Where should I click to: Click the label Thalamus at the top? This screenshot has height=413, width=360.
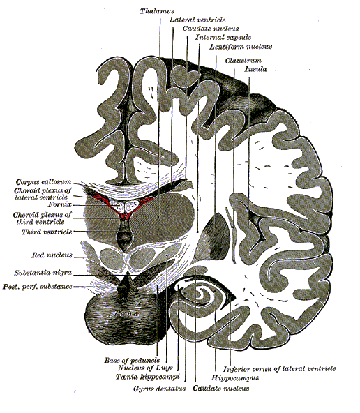(157, 11)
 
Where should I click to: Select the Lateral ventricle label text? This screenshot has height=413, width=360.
(197, 20)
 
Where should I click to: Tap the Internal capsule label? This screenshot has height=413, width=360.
(223, 38)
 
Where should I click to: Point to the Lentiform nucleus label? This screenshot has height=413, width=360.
(241, 47)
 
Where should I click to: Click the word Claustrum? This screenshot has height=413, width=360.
(243, 61)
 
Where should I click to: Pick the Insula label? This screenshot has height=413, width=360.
(256, 69)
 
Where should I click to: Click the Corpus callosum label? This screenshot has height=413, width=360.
(44, 182)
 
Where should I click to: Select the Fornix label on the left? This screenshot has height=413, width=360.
(59, 204)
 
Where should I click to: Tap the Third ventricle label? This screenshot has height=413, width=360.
(47, 232)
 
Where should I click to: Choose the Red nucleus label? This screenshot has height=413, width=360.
(52, 255)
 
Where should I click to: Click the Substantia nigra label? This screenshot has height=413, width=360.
(43, 273)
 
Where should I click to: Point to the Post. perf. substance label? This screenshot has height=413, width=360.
(38, 286)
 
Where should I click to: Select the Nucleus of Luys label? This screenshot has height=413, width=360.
(145, 368)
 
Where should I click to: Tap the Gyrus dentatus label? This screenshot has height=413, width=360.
(159, 389)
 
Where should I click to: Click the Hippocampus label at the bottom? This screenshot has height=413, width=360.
(235, 378)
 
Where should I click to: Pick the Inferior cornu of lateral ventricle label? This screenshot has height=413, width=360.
(279, 369)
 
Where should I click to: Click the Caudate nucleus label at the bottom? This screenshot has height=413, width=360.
(221, 389)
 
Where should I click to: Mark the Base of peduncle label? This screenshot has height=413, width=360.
(132, 360)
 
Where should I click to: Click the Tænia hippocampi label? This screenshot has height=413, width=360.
(147, 377)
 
